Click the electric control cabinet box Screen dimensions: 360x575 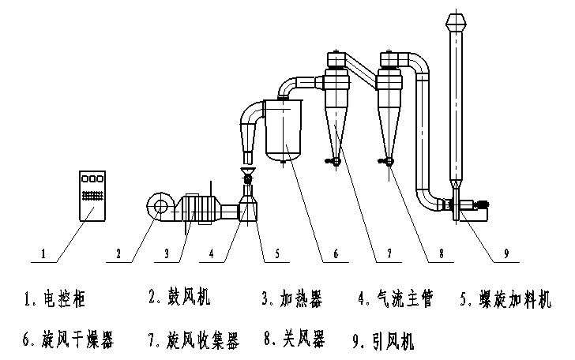[x=92, y=193]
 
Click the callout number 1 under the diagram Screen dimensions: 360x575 [x=45, y=254]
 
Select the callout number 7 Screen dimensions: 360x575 [x=389, y=254]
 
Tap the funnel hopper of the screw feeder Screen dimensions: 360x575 [x=247, y=171]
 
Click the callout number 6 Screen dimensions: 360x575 [x=335, y=254]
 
